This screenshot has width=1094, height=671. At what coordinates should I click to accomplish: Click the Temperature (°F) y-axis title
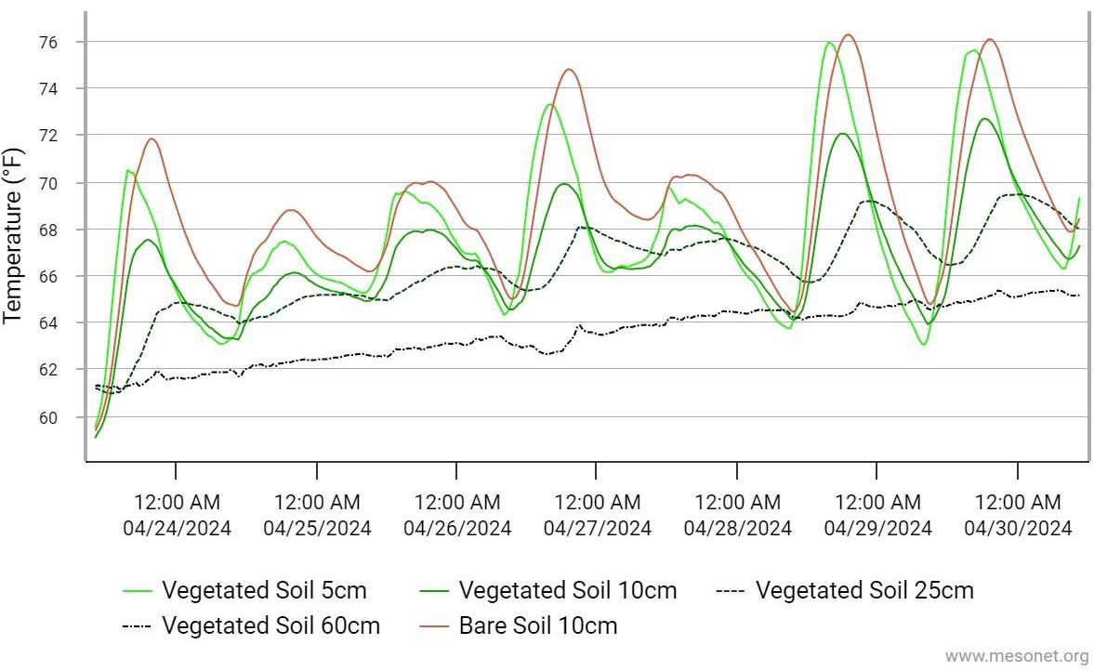[13, 235]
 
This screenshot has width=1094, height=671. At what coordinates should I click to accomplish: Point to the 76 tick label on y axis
[49, 43]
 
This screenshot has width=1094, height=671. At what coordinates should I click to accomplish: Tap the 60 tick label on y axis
[49, 417]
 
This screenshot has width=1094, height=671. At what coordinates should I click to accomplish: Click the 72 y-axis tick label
[49, 136]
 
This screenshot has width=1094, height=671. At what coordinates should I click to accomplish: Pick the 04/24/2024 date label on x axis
[178, 529]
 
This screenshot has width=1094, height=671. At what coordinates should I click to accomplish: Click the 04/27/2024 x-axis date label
[598, 529]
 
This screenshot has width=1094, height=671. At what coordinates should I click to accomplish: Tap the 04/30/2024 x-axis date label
[1018, 529]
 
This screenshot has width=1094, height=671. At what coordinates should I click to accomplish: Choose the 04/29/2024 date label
[877, 529]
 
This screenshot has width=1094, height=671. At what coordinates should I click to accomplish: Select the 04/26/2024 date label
[457, 529]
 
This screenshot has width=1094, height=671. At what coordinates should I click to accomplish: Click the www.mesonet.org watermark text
[1016, 656]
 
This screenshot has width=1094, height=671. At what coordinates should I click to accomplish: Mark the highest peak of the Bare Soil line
[847, 34]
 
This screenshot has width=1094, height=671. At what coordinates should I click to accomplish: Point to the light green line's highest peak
[828, 42]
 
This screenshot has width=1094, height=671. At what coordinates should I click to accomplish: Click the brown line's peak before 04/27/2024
[570, 69]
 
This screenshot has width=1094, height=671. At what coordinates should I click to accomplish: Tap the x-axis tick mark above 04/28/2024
[737, 471]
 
